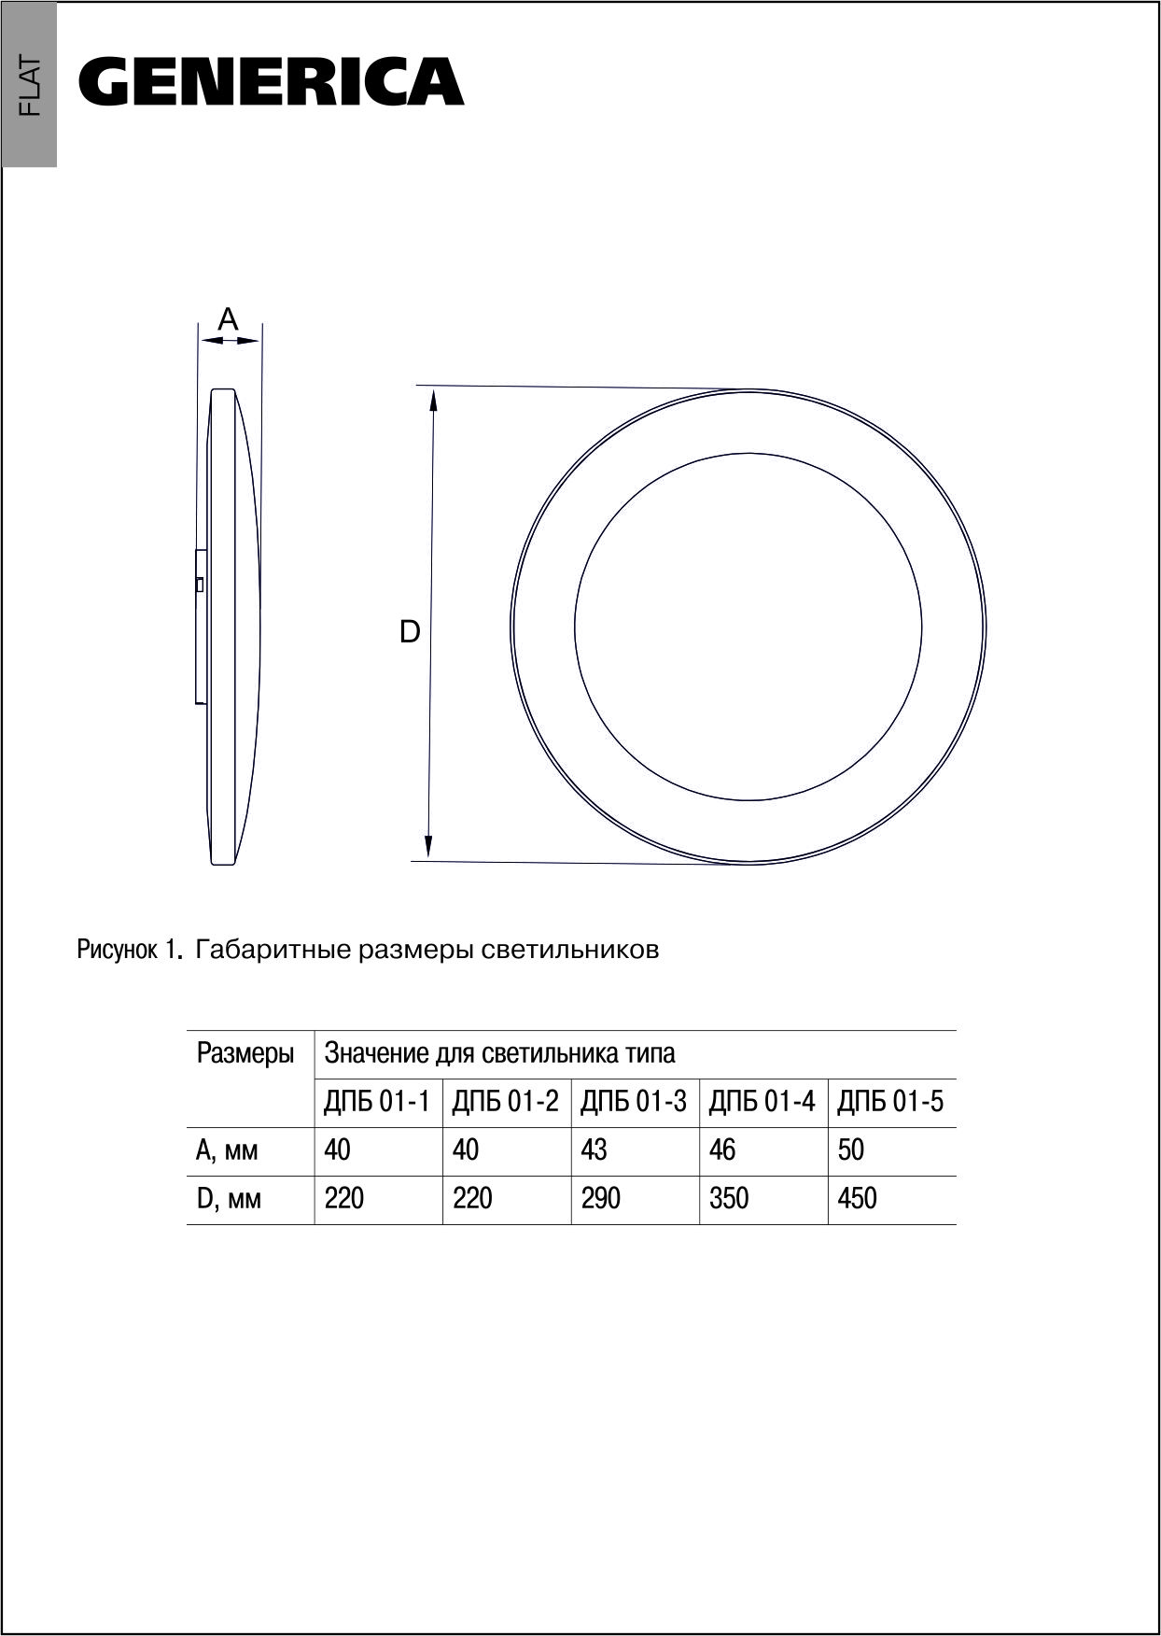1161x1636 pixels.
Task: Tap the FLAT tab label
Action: coord(30,86)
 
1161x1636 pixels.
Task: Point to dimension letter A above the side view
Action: coord(229,319)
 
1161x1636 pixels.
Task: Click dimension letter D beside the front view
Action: coord(410,632)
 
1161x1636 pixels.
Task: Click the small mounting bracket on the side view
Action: coord(200,626)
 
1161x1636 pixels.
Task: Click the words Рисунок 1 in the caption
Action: coord(127,950)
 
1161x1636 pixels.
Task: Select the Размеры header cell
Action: coord(245,1054)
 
